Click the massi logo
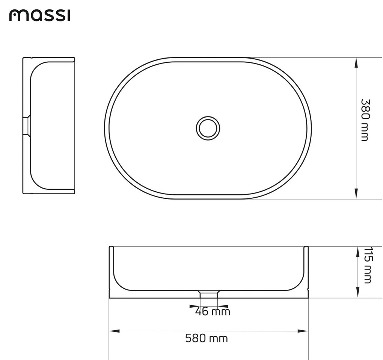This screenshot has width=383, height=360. coord(40,15)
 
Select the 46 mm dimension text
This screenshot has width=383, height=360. coord(213,312)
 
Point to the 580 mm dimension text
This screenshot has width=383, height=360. coord(207,338)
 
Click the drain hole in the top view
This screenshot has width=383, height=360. coord(208,128)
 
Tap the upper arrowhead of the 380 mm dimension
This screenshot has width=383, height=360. coord(356,63)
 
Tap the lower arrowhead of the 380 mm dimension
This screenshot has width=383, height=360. coord(356,193)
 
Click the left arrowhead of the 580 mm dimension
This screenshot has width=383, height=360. coord(115,331)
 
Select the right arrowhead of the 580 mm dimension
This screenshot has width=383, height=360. coord(303,331)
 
